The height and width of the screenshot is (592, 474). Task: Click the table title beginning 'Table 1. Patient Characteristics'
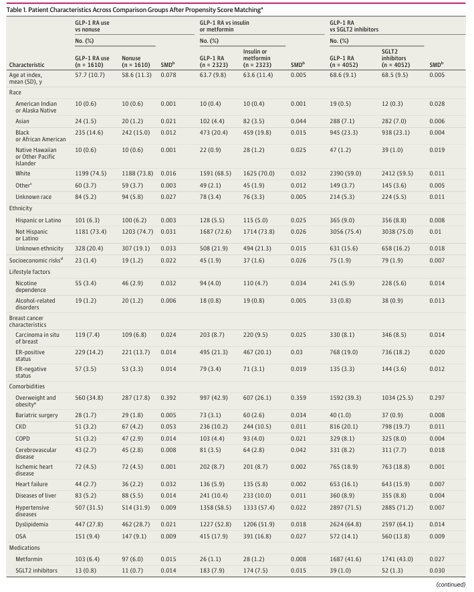134,10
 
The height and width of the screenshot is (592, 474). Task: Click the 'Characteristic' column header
27,65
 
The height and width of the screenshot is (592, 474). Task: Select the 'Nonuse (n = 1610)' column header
136,62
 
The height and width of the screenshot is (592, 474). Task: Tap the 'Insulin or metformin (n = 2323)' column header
257,58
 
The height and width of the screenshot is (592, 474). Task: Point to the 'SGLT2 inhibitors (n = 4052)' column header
396,58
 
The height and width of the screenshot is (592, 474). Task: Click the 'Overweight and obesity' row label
35,401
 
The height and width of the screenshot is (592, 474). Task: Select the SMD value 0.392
168,398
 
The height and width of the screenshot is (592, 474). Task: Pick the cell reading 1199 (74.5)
90,173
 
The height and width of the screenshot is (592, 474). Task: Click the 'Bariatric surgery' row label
37,415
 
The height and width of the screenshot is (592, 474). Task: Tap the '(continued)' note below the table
451,585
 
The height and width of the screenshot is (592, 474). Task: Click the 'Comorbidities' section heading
27,386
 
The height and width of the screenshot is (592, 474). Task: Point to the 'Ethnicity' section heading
21,208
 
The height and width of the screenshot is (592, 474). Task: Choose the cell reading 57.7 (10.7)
90,75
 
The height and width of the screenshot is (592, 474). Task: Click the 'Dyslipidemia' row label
31,524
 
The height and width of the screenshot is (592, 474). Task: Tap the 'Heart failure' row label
31,484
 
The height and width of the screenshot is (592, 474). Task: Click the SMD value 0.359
298,398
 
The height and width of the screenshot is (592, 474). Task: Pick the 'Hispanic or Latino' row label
38,220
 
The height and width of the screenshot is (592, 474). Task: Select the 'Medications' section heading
25,548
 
